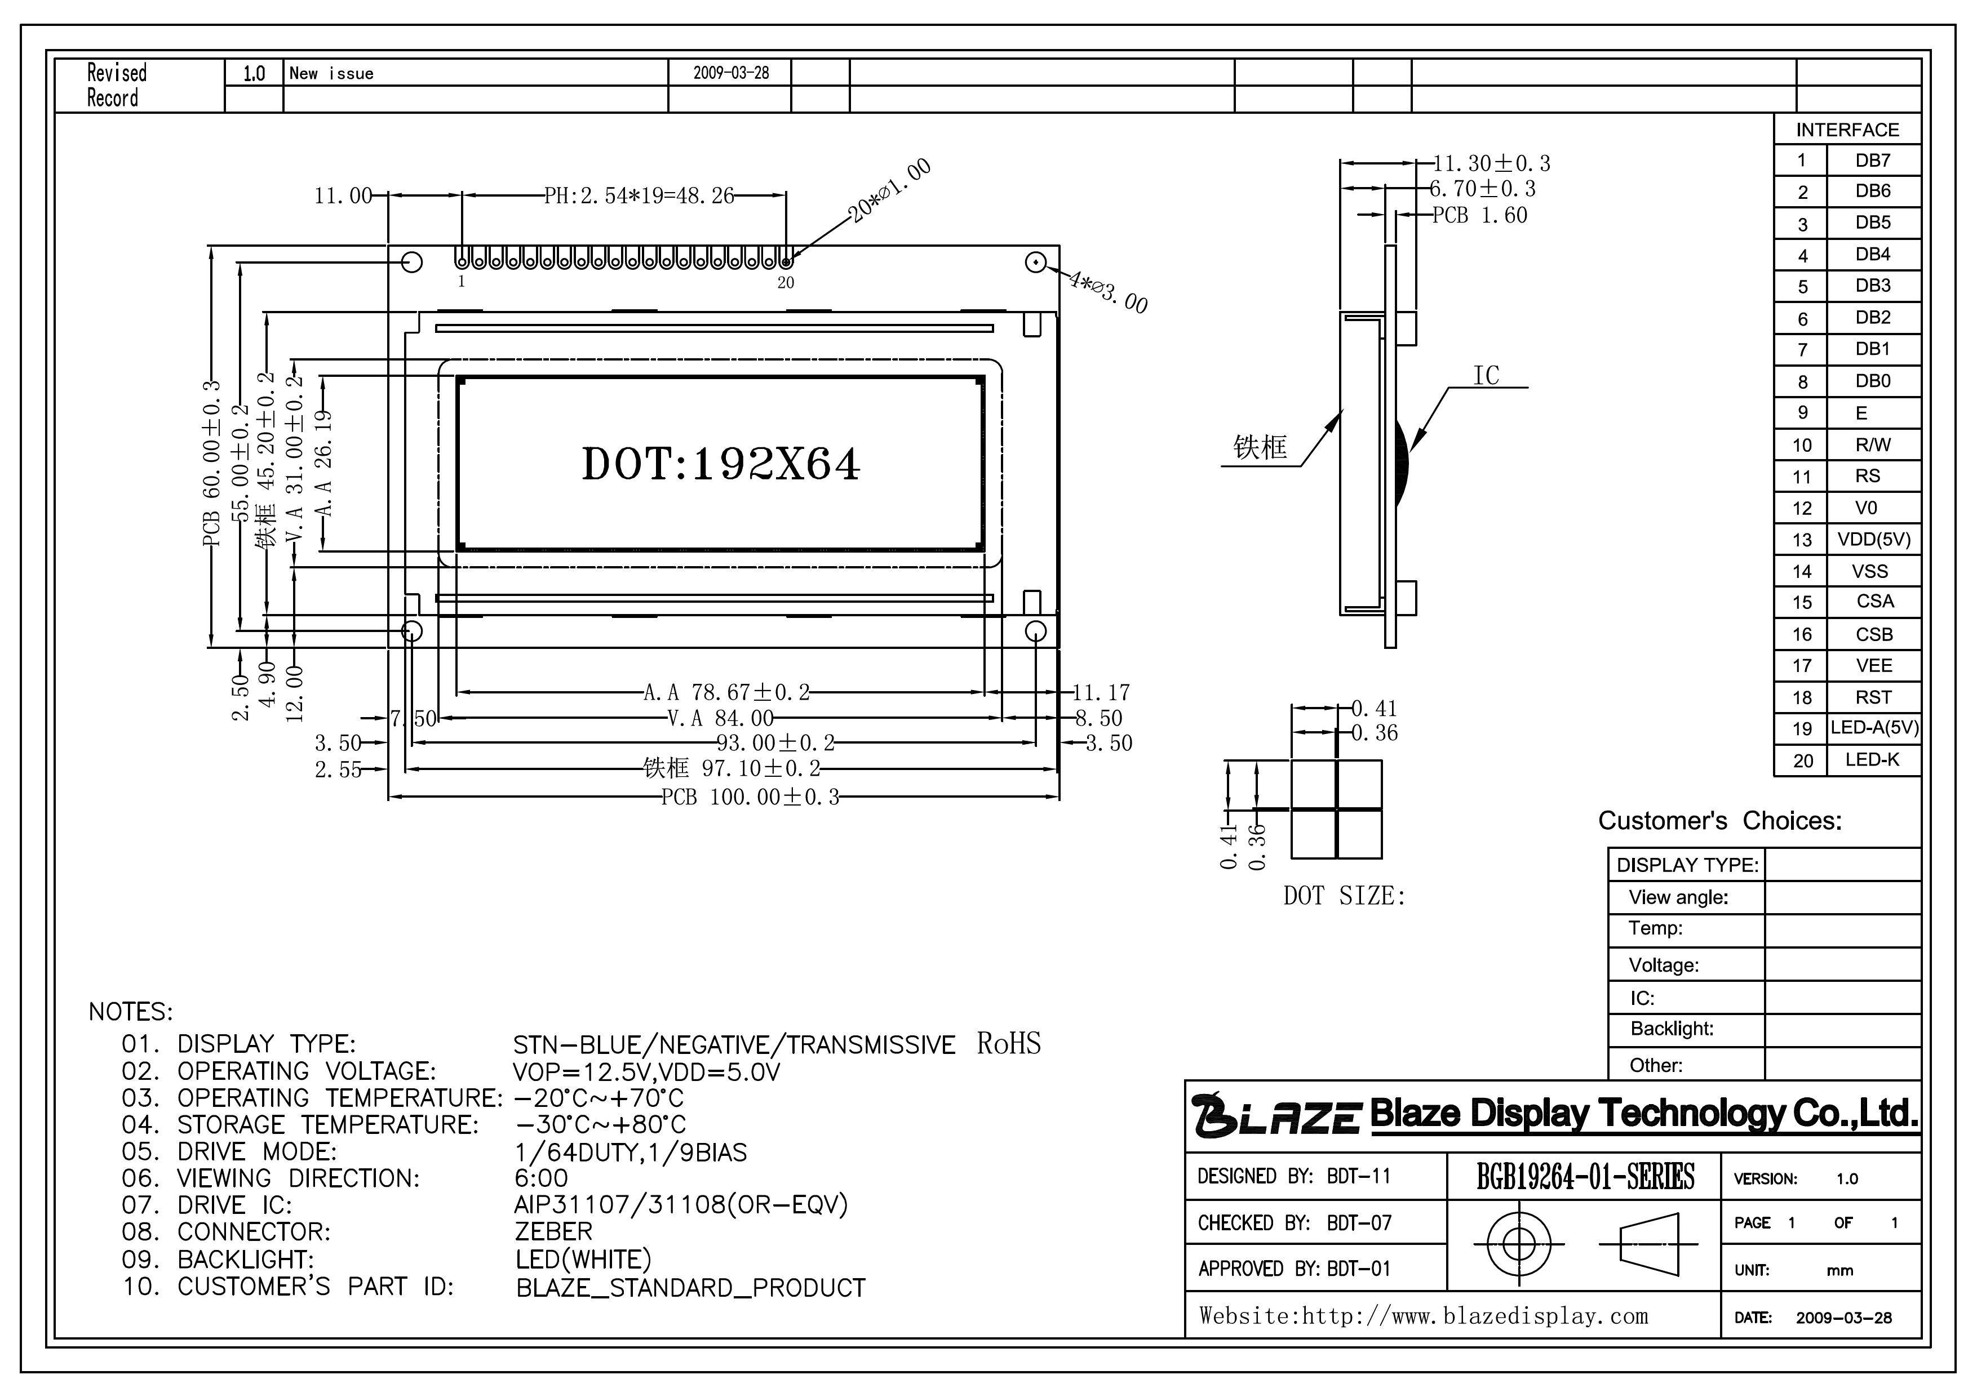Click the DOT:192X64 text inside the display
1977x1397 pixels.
[x=721, y=464]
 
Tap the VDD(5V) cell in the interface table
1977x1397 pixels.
[x=1874, y=540]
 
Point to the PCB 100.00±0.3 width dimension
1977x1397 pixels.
[x=749, y=797]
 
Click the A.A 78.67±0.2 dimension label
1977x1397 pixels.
[x=726, y=692]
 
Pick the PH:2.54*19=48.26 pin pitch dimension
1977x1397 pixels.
[x=639, y=195]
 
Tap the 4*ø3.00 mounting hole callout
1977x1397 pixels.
[x=1107, y=291]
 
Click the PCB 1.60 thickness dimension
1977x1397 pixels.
[x=1480, y=215]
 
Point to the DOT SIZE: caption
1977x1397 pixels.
[x=1343, y=896]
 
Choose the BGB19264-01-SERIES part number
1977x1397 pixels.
[x=1585, y=1177]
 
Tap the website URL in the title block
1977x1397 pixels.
[x=1424, y=1316]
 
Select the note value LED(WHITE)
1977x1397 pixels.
[x=583, y=1260]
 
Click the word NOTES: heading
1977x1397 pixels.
[x=131, y=1011]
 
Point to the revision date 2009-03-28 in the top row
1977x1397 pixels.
[x=731, y=73]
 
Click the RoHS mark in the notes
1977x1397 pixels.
[x=1008, y=1043]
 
